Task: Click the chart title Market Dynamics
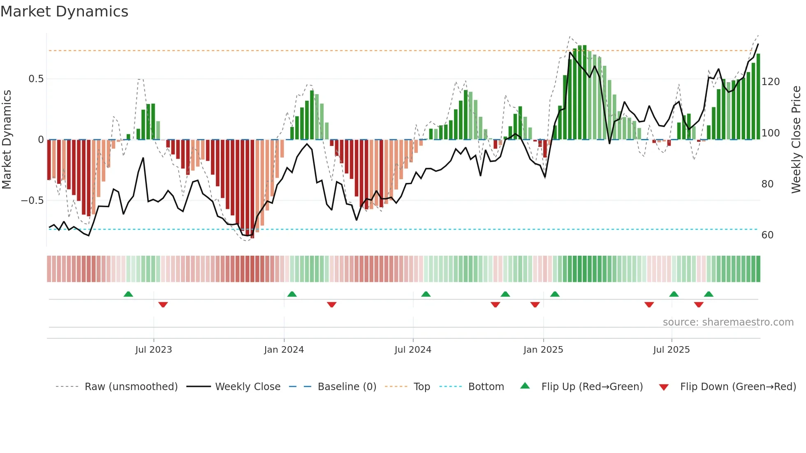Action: click(x=65, y=12)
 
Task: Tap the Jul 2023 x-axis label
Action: click(x=153, y=350)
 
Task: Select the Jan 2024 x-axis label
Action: click(x=284, y=350)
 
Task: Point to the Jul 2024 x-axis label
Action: click(x=413, y=350)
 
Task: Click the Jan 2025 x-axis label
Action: click(x=543, y=350)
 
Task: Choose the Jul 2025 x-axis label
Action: click(x=672, y=350)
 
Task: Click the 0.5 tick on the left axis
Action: click(x=36, y=79)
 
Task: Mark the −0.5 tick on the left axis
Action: click(x=32, y=201)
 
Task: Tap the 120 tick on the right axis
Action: click(x=770, y=82)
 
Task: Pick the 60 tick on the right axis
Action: click(x=767, y=235)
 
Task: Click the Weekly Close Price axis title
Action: click(x=796, y=140)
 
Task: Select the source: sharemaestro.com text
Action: click(x=728, y=322)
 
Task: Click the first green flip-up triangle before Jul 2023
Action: click(x=128, y=294)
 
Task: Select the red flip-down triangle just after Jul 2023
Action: click(x=163, y=305)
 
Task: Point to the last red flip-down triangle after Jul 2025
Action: click(x=699, y=305)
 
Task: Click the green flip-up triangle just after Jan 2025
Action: click(x=555, y=294)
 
